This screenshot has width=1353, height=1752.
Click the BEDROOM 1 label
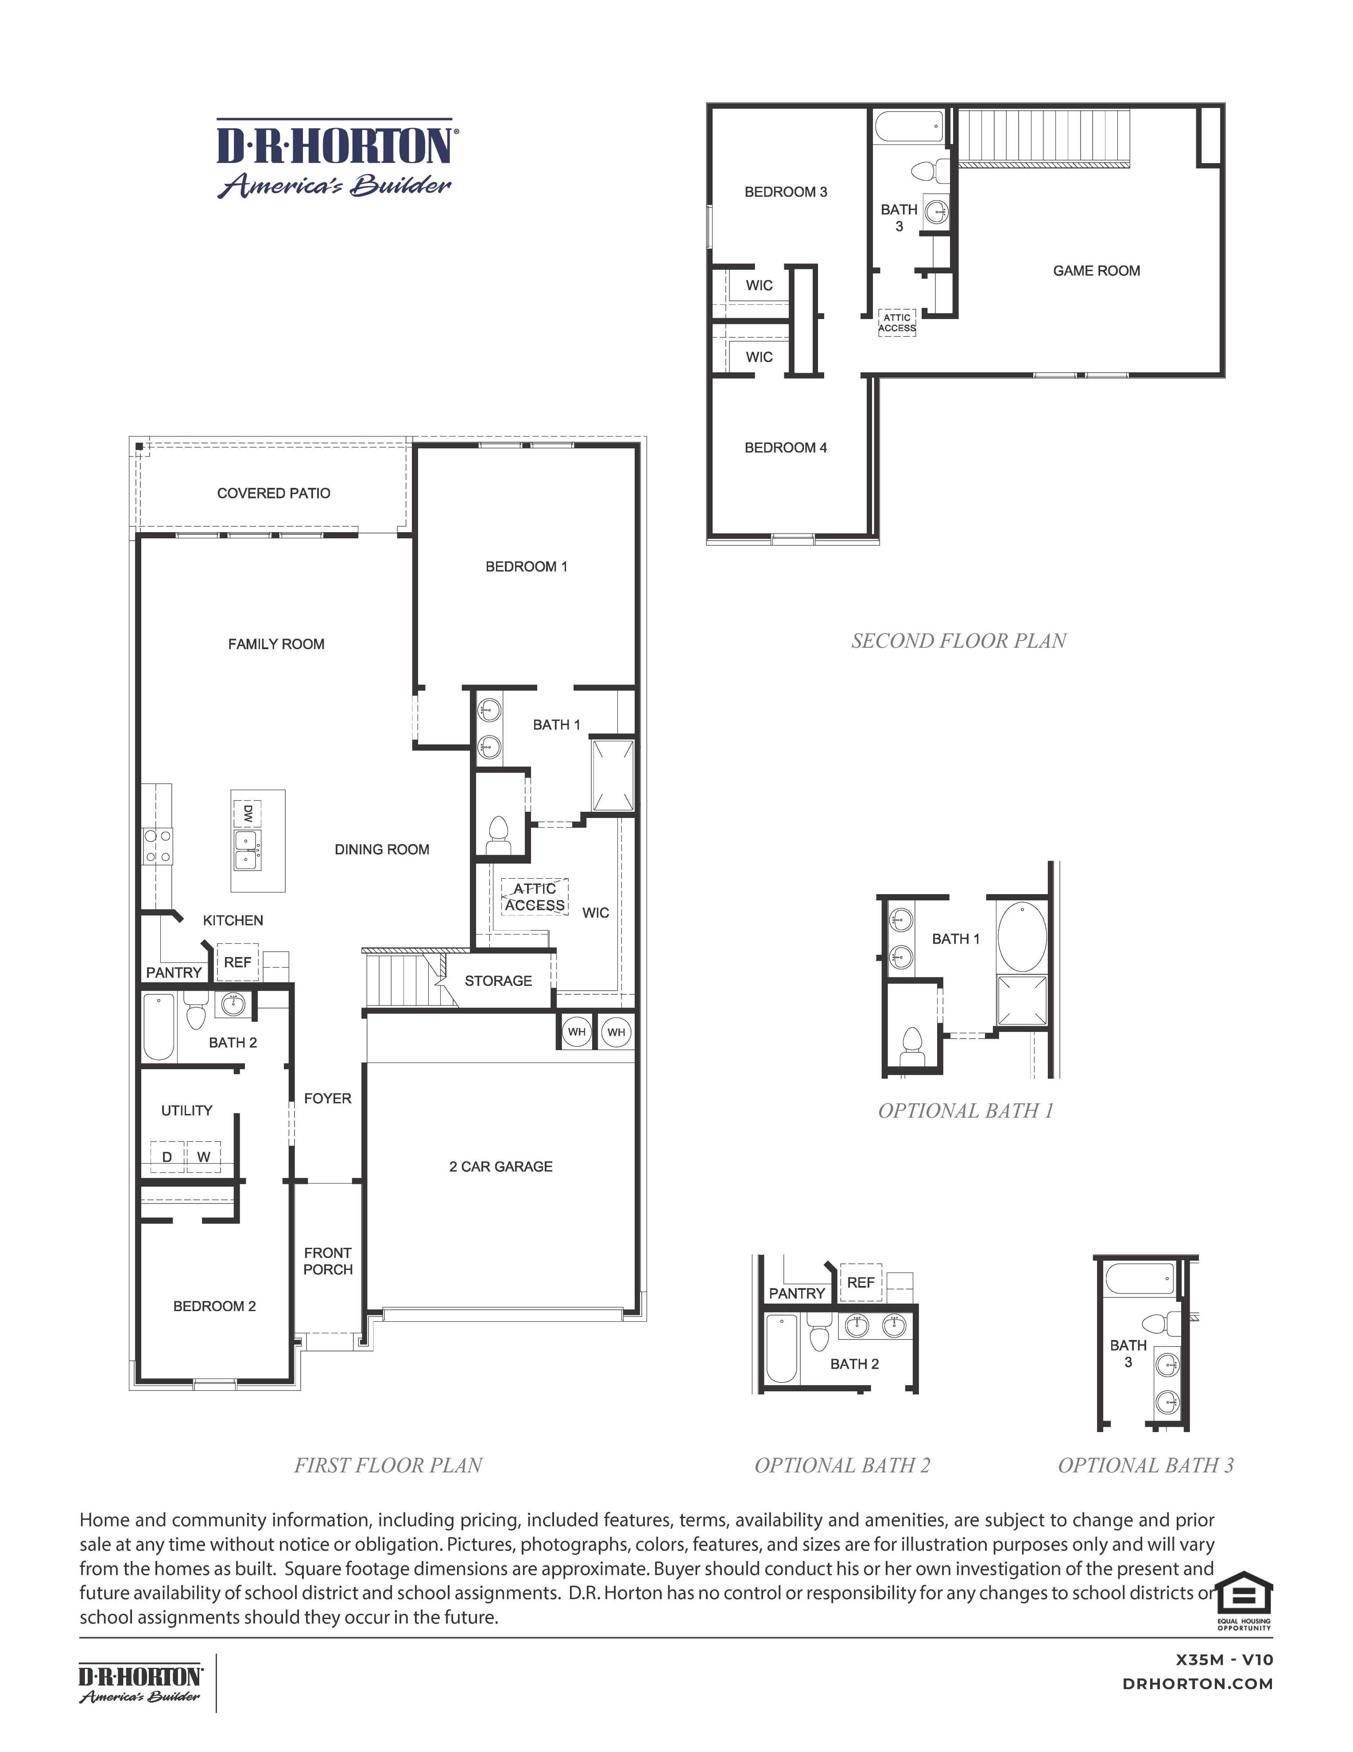[x=526, y=566]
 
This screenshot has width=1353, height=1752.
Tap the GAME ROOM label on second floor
[x=1096, y=271]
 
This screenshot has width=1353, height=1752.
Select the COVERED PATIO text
[x=274, y=493]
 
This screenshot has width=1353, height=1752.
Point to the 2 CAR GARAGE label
[x=500, y=1166]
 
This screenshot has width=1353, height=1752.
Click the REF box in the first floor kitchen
[x=237, y=962]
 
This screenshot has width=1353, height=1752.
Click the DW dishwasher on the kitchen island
[x=247, y=814]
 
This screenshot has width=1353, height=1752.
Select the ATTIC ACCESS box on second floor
[x=897, y=323]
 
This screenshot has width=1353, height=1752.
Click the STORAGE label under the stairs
[x=498, y=980]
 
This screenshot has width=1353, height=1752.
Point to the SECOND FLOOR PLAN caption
[x=958, y=641]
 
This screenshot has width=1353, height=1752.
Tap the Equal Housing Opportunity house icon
[x=1244, y=1592]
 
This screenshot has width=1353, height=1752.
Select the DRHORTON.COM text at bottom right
[x=1198, y=1684]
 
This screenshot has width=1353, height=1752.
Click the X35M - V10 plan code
[x=1224, y=1660]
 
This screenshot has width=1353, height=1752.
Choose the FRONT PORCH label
[x=327, y=1261]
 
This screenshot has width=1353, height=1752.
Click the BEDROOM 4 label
[x=785, y=448]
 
